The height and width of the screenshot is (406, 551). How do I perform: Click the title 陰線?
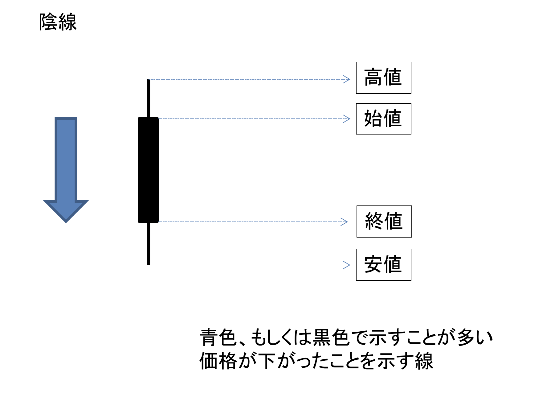58,22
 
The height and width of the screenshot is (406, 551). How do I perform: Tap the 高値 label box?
383,78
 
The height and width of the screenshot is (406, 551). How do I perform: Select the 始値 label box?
383,119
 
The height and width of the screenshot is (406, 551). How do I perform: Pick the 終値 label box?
384,222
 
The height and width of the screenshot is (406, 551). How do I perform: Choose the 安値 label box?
383,265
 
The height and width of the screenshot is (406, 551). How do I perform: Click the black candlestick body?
148,170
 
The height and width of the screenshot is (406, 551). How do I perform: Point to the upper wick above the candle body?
149,98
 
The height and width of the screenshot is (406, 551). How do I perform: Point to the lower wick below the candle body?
149,244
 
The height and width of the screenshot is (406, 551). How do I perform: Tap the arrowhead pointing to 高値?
347,79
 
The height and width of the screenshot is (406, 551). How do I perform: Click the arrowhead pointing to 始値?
347,119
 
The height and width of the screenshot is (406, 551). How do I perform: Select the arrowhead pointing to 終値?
345,222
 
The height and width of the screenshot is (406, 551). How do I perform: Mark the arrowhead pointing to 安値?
347,265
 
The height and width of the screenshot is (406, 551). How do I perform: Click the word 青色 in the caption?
218,337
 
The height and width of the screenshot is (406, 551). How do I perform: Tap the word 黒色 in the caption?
332,337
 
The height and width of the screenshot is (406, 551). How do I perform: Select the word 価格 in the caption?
218,361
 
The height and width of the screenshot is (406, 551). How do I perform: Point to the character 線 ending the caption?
424,361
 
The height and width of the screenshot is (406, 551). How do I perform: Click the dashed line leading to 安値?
247,265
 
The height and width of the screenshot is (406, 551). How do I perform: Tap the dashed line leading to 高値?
247,79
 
